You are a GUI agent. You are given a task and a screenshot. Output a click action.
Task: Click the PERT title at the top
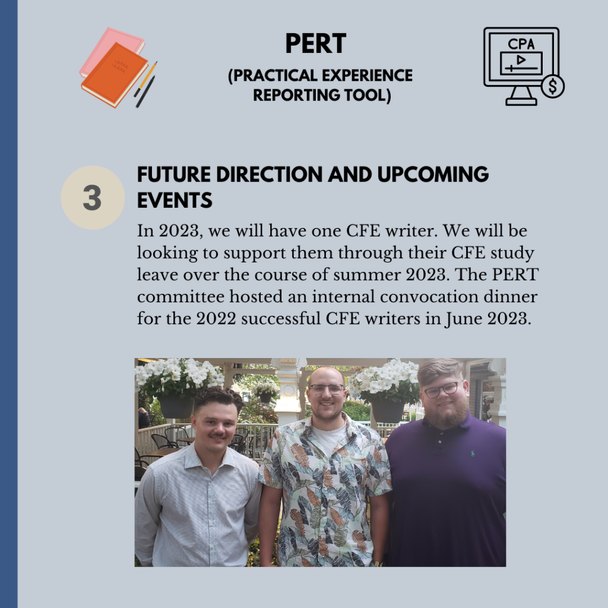click(x=316, y=43)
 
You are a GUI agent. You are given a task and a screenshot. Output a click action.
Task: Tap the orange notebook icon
click(x=115, y=75)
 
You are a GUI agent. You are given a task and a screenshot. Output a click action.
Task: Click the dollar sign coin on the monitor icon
click(x=553, y=86)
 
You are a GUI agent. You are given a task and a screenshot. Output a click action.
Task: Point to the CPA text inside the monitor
click(x=521, y=44)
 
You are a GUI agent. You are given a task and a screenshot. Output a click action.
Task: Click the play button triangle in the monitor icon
click(x=521, y=60)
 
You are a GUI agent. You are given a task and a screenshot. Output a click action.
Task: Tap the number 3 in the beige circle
click(x=92, y=198)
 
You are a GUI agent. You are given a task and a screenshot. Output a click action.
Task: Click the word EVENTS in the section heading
click(x=175, y=201)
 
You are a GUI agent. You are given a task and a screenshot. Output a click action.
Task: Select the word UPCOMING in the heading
click(x=433, y=175)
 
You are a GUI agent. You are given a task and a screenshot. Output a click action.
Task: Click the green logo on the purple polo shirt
click(x=472, y=453)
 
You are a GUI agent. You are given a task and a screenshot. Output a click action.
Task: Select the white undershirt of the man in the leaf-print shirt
click(x=328, y=439)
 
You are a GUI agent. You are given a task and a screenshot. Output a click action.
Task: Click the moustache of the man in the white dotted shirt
click(x=217, y=436)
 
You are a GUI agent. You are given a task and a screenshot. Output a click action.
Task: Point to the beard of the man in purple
click(x=446, y=414)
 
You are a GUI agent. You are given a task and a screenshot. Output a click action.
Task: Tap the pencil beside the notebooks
click(x=146, y=79)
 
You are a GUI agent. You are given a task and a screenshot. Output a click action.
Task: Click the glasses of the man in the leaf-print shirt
click(x=327, y=388)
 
